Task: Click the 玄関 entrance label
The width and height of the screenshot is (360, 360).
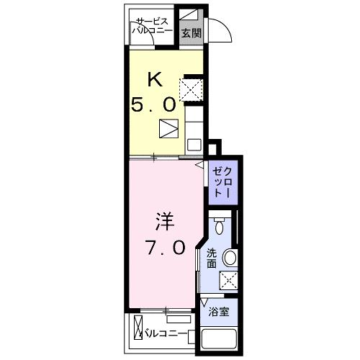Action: click(x=192, y=32)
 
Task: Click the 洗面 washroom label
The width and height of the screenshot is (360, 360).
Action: click(x=212, y=258)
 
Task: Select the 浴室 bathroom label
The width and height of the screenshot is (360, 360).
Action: click(x=219, y=312)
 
